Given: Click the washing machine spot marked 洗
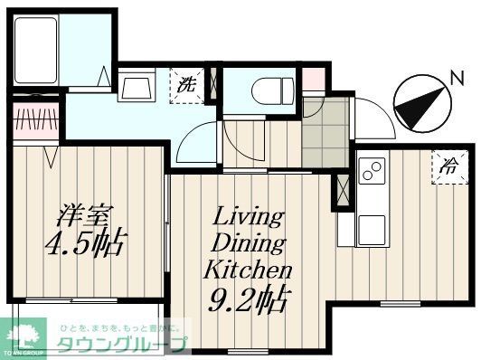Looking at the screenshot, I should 187,86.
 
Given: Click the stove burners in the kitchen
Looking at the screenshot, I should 371,170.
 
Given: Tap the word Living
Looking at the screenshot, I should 249,217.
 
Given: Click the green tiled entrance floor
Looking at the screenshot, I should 325,131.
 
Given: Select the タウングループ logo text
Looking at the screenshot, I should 123,344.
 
